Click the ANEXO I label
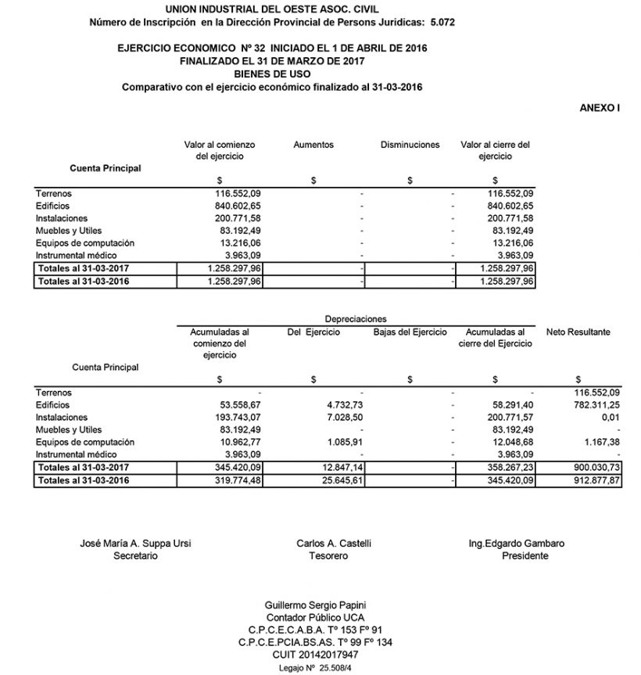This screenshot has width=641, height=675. coord(600,107)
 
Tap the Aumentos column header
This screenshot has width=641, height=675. coord(313,145)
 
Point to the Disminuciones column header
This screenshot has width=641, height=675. coord(410,145)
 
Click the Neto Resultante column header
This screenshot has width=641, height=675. coord(578,332)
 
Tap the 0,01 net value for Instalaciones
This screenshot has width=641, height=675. coord(610,418)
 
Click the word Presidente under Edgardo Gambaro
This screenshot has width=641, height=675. coord(525,556)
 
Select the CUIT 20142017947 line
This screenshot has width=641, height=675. coord(322,654)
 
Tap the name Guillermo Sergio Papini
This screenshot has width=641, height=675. coord(322,605)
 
